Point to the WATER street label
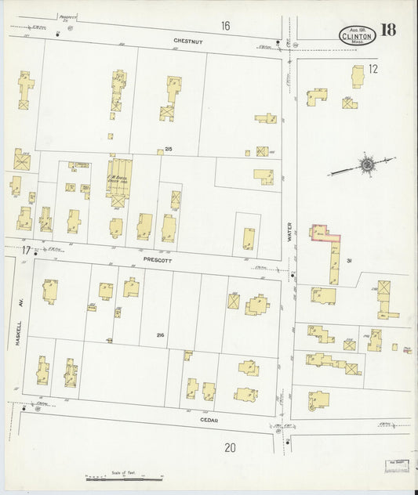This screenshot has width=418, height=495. click(x=288, y=232)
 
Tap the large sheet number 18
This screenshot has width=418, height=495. click(x=388, y=31)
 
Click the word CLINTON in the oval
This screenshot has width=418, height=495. click(x=357, y=35)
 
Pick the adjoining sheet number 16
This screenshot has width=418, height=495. click(x=225, y=26)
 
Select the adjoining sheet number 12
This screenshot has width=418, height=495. click(x=373, y=69)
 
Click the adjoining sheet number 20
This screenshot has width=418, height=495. click(x=229, y=448)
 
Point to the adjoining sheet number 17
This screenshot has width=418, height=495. click(x=26, y=251)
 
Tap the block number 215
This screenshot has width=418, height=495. click(x=169, y=150)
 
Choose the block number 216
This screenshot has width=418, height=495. click(x=162, y=334)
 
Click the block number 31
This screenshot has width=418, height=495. click(x=350, y=261)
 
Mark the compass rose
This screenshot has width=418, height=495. click(x=365, y=165)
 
